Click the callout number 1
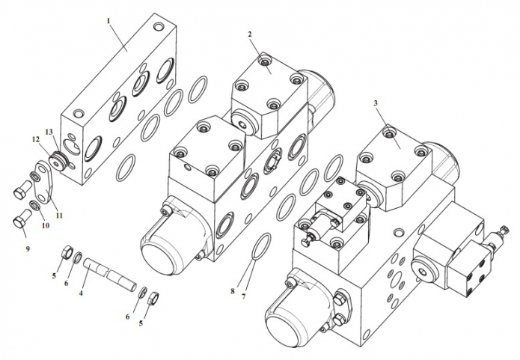tap(108, 21)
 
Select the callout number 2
tap(250, 34)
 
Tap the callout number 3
tap(376, 103)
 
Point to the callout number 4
tap(81, 293)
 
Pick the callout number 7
tap(244, 296)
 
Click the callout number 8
tap(233, 291)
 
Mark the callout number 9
tap(28, 248)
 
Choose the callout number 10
tap(46, 225)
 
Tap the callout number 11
tap(58, 216)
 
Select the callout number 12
tap(36, 139)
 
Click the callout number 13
tap(49, 132)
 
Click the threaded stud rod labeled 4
tap(110, 275)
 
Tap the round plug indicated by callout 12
tap(58, 161)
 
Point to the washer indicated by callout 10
tap(34, 205)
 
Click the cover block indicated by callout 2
tap(269, 94)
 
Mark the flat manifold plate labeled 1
tap(118, 100)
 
